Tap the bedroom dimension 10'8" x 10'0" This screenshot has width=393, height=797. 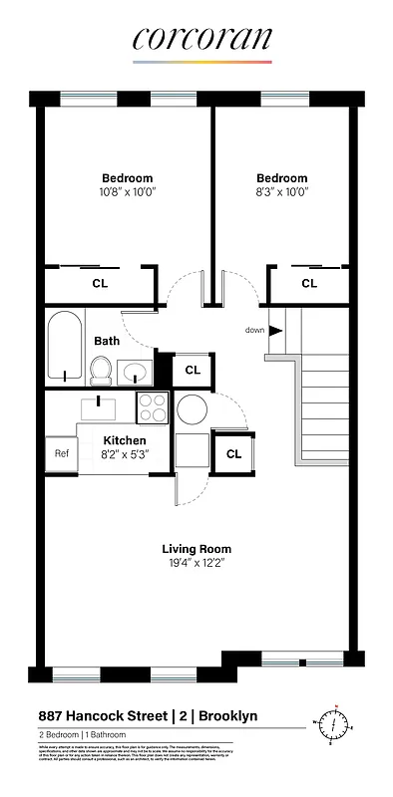tap(126, 191)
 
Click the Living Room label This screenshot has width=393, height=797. tap(196, 549)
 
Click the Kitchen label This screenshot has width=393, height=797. tap(125, 439)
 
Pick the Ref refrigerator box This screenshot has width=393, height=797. tap(61, 453)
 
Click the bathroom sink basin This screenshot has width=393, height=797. tap(134, 374)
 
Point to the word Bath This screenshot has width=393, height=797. tap(107, 341)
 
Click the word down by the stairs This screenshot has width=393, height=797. tap(255, 330)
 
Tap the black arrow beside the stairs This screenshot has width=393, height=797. tap(276, 330)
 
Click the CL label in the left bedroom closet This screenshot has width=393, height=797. tap(100, 284)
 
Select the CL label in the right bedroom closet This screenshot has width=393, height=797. tap(309, 284)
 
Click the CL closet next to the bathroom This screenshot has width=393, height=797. tap(193, 370)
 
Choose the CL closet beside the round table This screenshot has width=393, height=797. tap(233, 454)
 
